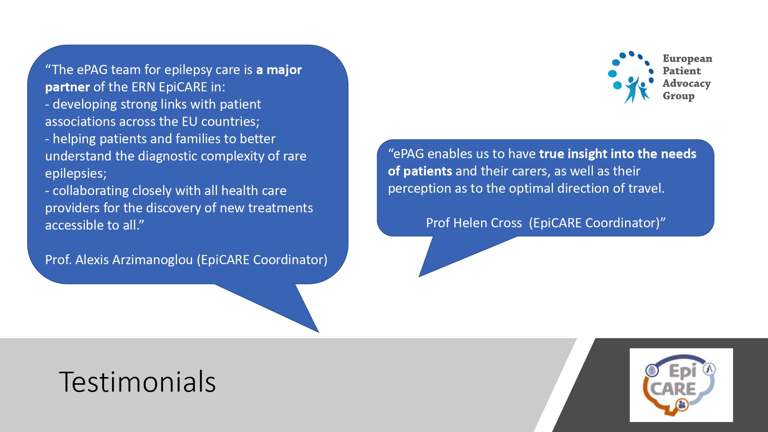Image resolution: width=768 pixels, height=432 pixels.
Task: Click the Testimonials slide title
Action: tap(137, 382)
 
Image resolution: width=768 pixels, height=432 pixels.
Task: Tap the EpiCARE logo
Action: tap(681, 385)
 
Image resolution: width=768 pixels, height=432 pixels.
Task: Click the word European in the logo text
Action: tap(687, 59)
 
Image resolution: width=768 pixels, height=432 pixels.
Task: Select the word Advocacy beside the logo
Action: tap(687, 84)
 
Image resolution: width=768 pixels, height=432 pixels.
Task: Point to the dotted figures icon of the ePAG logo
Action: tap(631, 77)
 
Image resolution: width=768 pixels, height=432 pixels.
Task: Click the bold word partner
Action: tap(68, 88)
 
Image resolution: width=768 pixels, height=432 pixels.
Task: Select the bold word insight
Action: tap(587, 154)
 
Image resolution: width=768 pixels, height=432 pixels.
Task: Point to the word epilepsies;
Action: tap(76, 174)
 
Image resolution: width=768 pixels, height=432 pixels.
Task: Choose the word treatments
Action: tap(280, 208)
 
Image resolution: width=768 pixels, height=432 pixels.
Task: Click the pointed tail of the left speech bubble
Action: tap(318, 332)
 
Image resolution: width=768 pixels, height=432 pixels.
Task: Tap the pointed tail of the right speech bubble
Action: tap(419, 276)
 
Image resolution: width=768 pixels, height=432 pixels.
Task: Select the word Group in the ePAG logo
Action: tap(679, 96)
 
